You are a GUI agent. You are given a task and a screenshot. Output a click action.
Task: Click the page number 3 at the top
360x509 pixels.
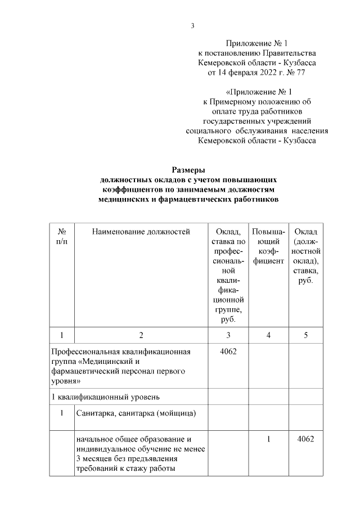(192, 25)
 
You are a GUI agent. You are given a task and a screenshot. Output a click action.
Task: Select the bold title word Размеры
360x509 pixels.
(188, 169)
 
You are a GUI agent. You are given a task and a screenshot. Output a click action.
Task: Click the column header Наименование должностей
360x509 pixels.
(141, 231)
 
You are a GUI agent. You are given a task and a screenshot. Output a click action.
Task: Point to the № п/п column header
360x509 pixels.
(62, 236)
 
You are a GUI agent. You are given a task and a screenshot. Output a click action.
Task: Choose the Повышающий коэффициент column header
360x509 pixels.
(268, 246)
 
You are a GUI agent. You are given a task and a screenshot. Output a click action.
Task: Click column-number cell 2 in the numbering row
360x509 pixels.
(141, 335)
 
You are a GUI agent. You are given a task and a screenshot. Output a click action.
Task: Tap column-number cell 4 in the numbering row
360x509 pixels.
(268, 335)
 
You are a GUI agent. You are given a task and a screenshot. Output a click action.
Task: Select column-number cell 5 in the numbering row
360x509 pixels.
(306, 335)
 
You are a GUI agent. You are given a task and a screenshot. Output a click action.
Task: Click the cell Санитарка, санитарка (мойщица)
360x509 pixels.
(137, 413)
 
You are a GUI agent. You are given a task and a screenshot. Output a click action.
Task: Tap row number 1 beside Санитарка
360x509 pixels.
(62, 413)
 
